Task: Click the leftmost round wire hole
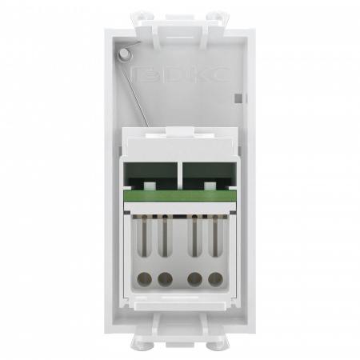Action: pyautogui.click(x=147, y=280)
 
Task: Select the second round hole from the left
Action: pyautogui.click(x=165, y=280)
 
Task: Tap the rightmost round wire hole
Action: pyautogui.click(x=214, y=280)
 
